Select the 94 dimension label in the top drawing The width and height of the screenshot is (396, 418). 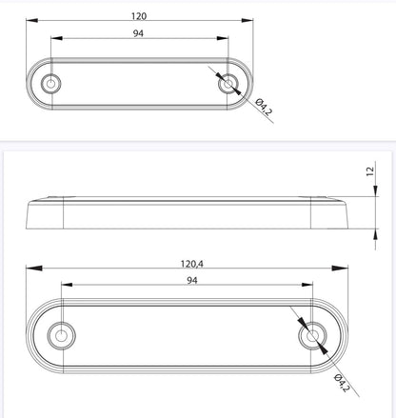pos(139,34)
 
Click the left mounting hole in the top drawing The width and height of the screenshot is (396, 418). pos(50,84)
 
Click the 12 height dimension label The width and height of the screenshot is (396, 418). pos(369,172)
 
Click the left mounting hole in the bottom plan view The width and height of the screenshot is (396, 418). pos(62,336)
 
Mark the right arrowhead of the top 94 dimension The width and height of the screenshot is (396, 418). pos(225,39)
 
